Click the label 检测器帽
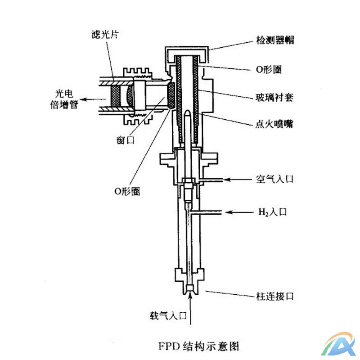click(x=273, y=40)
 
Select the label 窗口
click(x=122, y=140)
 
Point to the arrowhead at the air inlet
click(x=227, y=180)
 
